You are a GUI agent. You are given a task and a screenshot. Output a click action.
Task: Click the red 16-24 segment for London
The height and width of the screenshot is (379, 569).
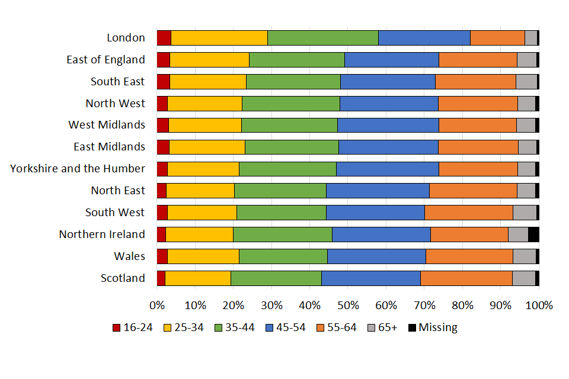click(x=164, y=37)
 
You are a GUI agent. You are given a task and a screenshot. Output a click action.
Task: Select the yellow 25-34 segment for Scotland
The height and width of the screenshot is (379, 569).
click(x=197, y=278)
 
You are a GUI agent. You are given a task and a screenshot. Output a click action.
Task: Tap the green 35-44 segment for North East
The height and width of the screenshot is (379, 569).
click(x=280, y=190)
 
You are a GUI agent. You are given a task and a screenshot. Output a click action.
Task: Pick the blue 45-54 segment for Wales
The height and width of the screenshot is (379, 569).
click(x=376, y=256)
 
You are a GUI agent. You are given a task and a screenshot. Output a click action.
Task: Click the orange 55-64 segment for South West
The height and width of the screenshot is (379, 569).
click(x=468, y=212)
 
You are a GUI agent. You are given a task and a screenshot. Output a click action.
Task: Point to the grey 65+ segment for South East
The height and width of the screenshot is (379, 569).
click(x=526, y=81)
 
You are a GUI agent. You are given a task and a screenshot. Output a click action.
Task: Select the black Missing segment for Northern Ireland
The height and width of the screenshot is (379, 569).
click(x=533, y=234)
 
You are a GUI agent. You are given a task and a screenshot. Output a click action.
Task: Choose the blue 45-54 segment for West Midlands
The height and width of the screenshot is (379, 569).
click(x=388, y=125)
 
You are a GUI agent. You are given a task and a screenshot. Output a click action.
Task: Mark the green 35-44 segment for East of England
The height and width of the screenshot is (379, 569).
click(x=296, y=59)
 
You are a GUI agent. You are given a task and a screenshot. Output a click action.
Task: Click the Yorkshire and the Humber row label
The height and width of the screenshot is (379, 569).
click(x=78, y=169)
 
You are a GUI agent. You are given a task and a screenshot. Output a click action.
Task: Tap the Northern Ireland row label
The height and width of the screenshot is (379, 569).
click(x=102, y=234)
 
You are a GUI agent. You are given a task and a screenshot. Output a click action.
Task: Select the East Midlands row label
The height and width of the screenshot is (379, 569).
click(x=109, y=147)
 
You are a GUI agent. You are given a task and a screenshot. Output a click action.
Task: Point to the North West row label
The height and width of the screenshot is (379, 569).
click(x=115, y=103)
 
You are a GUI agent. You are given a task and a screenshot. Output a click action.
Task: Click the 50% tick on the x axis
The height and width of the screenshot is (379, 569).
click(x=348, y=306)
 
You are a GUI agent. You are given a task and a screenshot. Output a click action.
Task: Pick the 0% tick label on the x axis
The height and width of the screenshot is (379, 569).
click(x=157, y=306)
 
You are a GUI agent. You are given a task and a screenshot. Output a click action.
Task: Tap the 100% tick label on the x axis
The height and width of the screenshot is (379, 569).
click(x=539, y=306)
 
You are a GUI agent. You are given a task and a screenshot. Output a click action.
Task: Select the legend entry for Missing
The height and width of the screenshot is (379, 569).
click(x=432, y=327)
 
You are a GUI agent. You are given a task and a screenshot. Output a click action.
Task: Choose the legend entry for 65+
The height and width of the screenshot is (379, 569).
click(x=382, y=327)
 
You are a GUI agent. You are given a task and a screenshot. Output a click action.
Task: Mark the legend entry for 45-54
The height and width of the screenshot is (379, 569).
click(x=284, y=327)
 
